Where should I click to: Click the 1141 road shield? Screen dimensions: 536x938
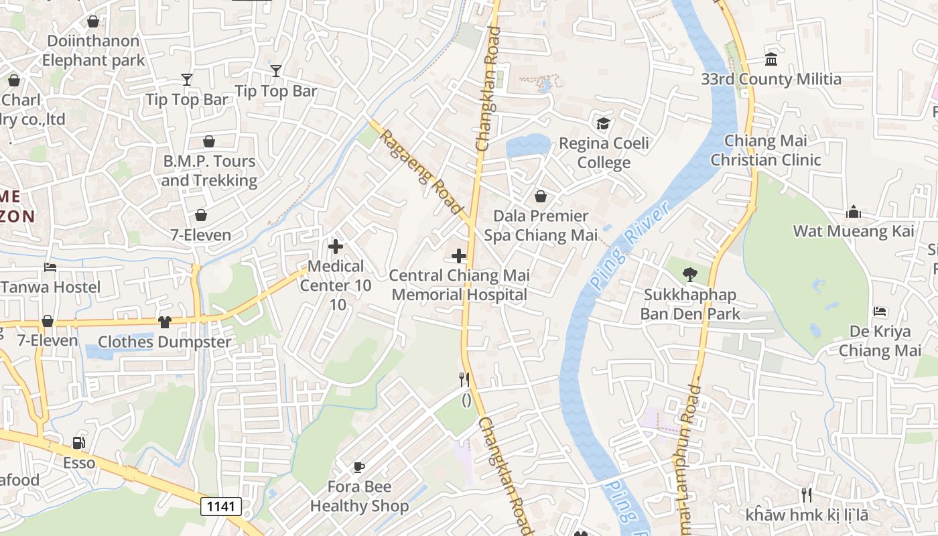coord(221,506)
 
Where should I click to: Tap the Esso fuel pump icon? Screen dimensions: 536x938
coord(79,443)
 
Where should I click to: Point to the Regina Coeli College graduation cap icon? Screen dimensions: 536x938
coord(604,124)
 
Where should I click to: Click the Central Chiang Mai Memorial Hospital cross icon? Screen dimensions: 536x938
coord(459,256)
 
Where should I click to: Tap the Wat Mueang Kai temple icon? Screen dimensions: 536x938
coord(854,212)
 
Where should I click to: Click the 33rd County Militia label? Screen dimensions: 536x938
coord(771,79)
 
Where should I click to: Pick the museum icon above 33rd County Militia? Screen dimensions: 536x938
coord(771,60)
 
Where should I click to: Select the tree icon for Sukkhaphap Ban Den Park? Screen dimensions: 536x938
coord(689,274)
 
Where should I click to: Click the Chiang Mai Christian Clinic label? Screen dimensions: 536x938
coord(766,151)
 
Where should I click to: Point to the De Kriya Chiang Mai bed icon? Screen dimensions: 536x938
coord(880,312)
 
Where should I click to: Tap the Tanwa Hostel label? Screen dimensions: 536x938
coord(51,287)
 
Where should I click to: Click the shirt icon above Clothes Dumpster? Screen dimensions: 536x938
coord(165,322)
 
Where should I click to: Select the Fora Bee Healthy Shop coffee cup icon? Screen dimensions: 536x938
coord(359,467)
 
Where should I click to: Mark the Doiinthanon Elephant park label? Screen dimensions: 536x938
coord(93,50)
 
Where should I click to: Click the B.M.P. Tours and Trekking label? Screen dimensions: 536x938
coord(209,171)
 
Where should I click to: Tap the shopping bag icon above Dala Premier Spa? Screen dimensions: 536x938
coord(541,196)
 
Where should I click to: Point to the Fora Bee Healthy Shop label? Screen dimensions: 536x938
coord(359,496)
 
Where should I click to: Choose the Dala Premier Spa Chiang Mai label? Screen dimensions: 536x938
coord(541,226)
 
